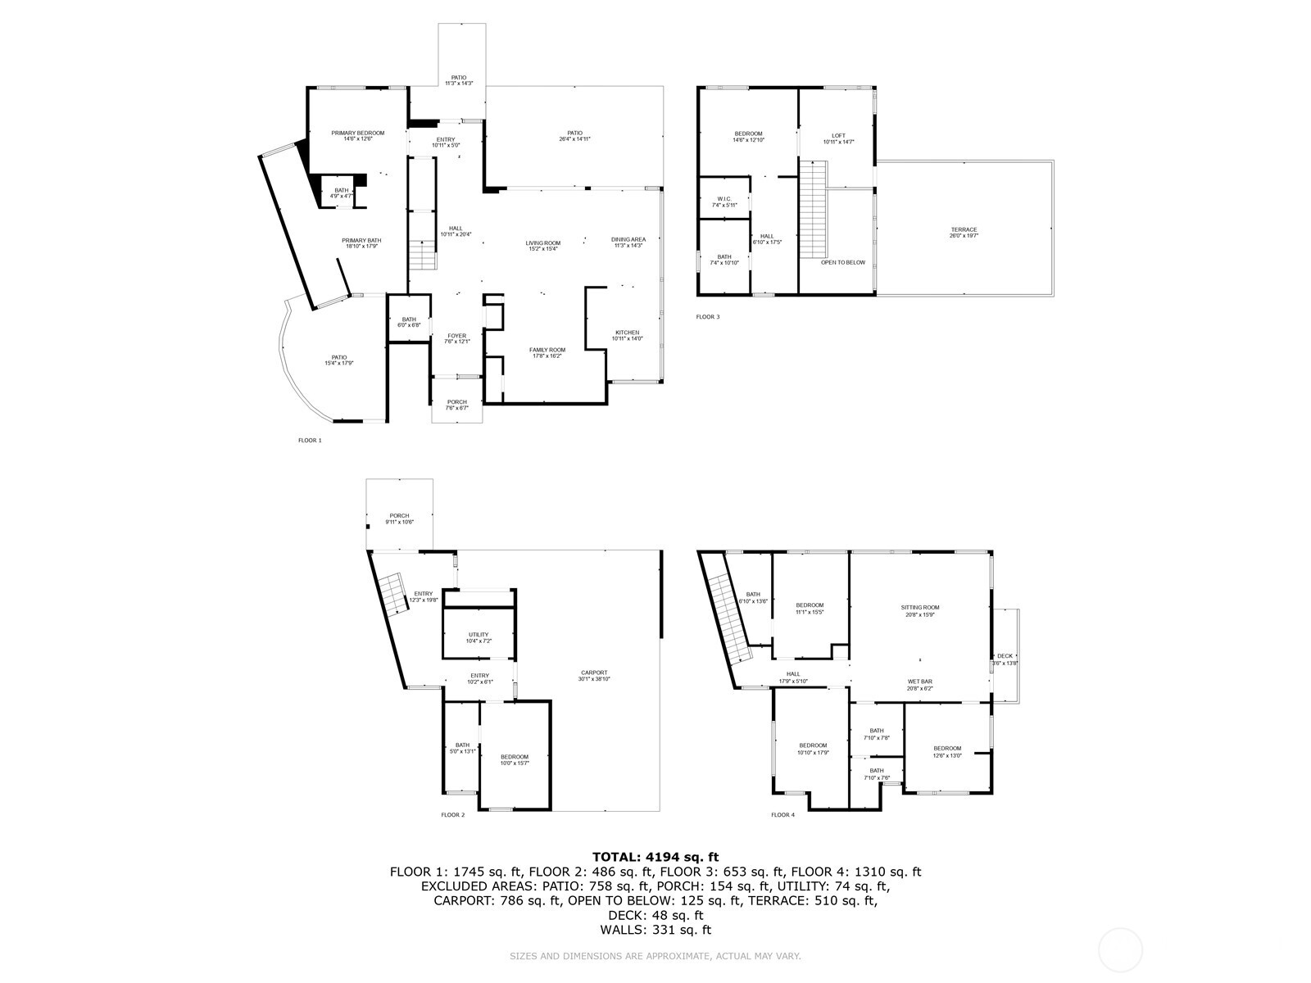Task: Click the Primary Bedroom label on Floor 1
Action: (x=357, y=135)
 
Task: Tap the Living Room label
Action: (x=542, y=245)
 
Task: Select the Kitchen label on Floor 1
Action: (x=627, y=335)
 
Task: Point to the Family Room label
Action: (x=547, y=352)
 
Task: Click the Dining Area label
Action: (x=628, y=242)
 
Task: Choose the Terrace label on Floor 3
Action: (x=964, y=232)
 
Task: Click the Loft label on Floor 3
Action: (x=838, y=138)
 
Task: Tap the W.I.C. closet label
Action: (x=724, y=201)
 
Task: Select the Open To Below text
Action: (x=843, y=262)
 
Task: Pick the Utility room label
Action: (x=479, y=637)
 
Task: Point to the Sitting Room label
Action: (x=919, y=610)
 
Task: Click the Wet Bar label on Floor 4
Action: (x=919, y=684)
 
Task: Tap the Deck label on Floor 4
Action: (x=1005, y=659)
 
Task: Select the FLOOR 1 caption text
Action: (x=310, y=441)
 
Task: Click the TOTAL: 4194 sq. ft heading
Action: (x=655, y=857)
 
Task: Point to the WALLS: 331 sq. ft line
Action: (x=655, y=930)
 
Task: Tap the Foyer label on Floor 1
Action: (x=456, y=338)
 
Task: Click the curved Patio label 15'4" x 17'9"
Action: (x=338, y=360)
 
